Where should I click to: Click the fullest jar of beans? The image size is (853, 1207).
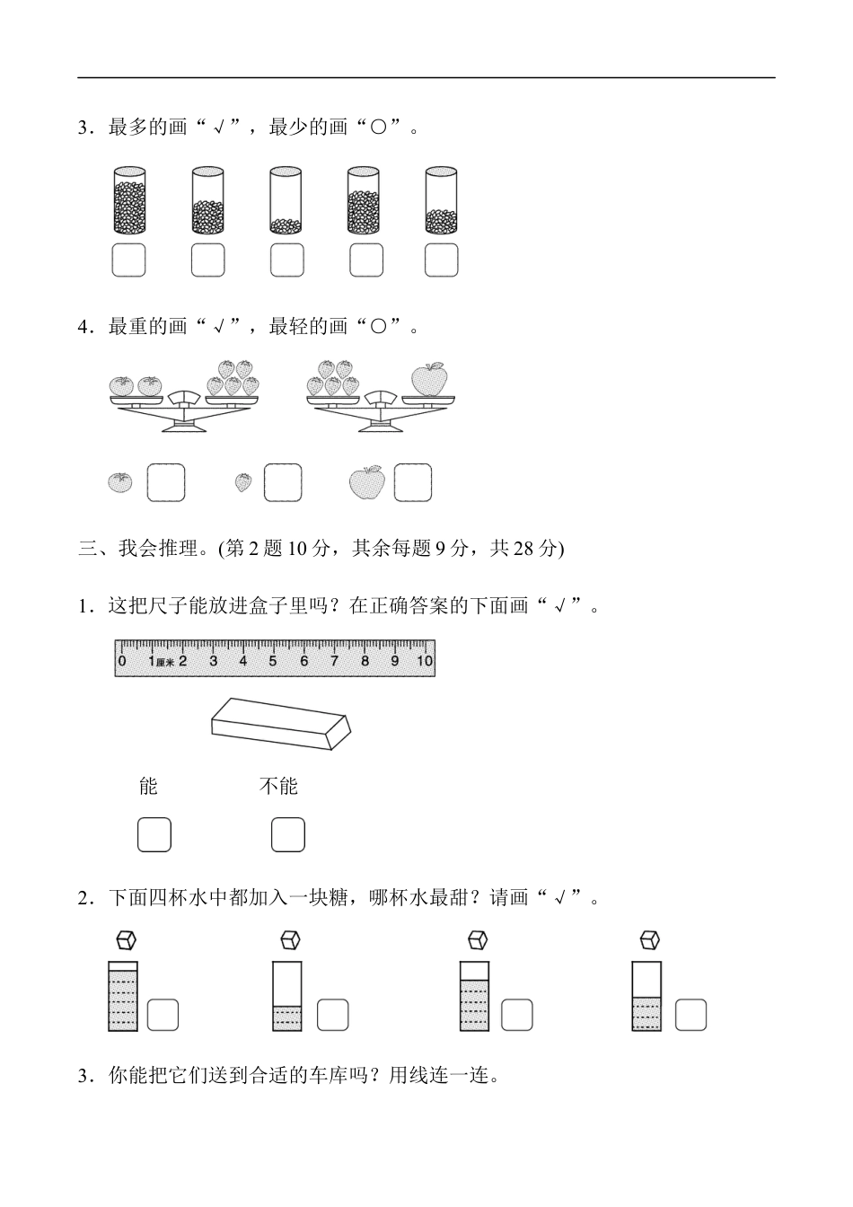pyautogui.click(x=129, y=202)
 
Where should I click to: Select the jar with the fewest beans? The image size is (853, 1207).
pyautogui.click(x=286, y=202)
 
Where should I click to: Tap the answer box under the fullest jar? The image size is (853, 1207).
pyautogui.click(x=128, y=260)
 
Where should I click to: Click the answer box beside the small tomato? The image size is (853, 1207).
pyautogui.click(x=166, y=482)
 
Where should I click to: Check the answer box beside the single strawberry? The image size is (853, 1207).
pyautogui.click(x=283, y=482)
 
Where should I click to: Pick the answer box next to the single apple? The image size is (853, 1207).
pyautogui.click(x=413, y=482)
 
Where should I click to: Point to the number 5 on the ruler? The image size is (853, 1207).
pyautogui.click(x=273, y=662)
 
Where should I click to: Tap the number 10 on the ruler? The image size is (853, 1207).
pyautogui.click(x=424, y=662)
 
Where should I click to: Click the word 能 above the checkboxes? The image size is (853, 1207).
pyautogui.click(x=149, y=787)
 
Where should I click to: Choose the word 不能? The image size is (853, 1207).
pyautogui.click(x=278, y=787)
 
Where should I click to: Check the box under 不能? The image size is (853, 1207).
pyautogui.click(x=288, y=834)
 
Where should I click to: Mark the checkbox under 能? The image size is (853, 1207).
pyautogui.click(x=154, y=834)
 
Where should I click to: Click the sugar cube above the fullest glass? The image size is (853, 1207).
pyautogui.click(x=127, y=940)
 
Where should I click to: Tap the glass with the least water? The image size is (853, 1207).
pyautogui.click(x=287, y=997)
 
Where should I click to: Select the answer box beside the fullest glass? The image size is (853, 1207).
pyautogui.click(x=163, y=1015)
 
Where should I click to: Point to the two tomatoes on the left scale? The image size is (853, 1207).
pyautogui.click(x=136, y=386)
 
